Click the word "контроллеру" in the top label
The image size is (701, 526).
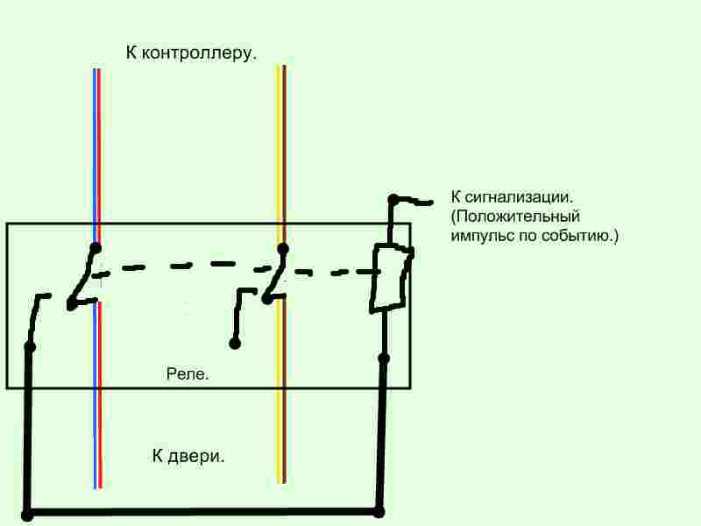pos(201,53)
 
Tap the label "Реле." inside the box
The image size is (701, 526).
pos(188,374)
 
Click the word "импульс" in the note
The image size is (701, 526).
pos(481,236)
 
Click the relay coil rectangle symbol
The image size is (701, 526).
pos(388,278)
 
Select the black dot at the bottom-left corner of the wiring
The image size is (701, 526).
pos(26,515)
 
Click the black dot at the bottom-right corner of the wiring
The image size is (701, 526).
pos(379,512)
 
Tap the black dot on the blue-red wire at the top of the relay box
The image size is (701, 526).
pos(96,248)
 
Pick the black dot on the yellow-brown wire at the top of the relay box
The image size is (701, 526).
pos(281,248)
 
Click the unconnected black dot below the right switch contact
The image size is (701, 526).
pos(234,344)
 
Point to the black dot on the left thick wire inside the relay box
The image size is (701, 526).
pos(29,347)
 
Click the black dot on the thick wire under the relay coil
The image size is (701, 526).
pos(383,358)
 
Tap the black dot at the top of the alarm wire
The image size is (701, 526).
pos(393,199)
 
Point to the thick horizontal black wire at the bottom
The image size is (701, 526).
pos(202,512)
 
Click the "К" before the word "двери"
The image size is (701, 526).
pos(158,457)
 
